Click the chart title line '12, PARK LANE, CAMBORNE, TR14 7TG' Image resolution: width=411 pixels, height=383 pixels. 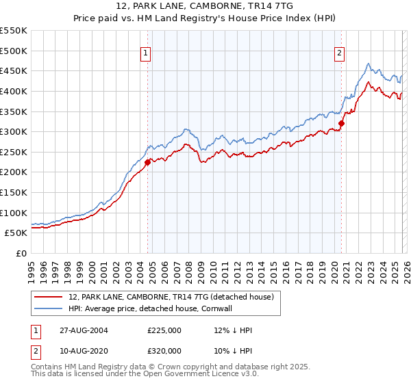[206, 7]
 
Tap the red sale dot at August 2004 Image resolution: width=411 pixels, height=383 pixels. [147, 162]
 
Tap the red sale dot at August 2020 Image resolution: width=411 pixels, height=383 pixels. [341, 124]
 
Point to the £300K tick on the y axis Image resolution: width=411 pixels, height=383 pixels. [14, 131]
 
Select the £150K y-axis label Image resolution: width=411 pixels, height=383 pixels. [14, 192]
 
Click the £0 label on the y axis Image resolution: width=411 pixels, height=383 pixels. [21, 253]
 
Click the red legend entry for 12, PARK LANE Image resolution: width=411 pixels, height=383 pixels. [171, 297]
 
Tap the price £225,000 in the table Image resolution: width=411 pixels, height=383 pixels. [164, 330]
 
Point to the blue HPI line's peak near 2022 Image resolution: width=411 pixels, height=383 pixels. [369, 64]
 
